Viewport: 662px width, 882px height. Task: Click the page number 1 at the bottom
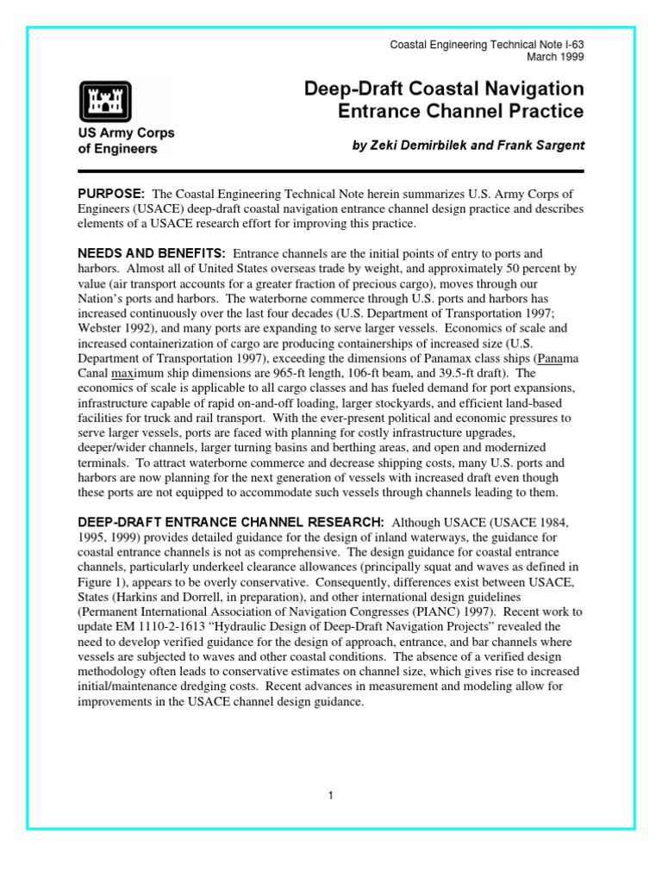tap(330, 795)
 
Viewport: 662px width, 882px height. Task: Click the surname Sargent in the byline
tap(552, 146)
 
